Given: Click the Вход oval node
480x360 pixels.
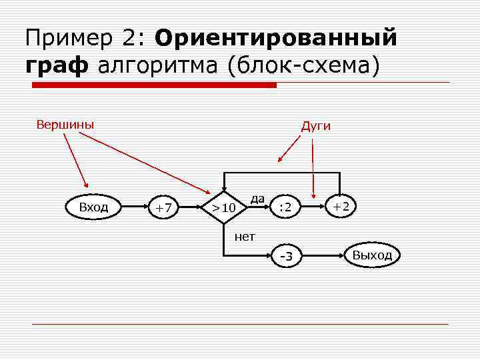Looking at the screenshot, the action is (93, 207).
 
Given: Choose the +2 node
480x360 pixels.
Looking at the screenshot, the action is (341, 207).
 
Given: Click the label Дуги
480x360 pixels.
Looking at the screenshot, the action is (315, 126).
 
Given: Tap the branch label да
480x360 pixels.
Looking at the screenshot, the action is (258, 198).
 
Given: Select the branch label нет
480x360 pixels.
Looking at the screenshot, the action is (245, 236).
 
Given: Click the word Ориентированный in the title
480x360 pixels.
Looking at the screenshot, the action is (276, 37).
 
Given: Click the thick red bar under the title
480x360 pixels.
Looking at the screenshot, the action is (155, 85).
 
